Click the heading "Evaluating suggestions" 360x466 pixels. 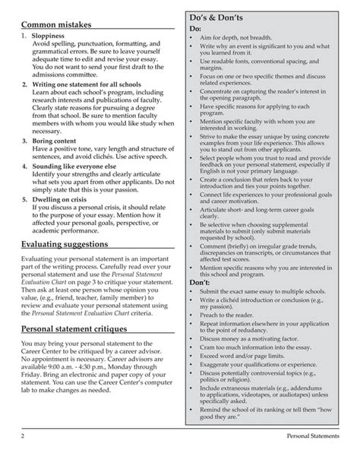pos(68,244)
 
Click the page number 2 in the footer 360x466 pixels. pos(24,456)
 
